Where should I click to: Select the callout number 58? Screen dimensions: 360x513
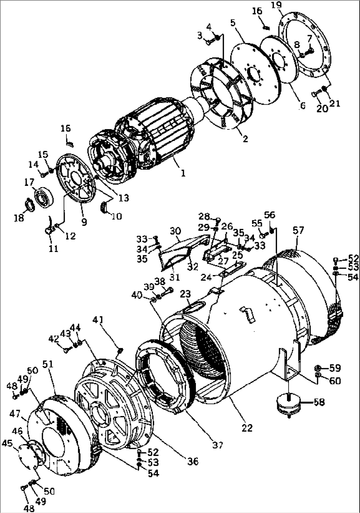(x=319, y=402)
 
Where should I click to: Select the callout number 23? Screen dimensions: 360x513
(x=186, y=294)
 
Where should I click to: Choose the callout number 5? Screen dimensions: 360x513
(x=233, y=23)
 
